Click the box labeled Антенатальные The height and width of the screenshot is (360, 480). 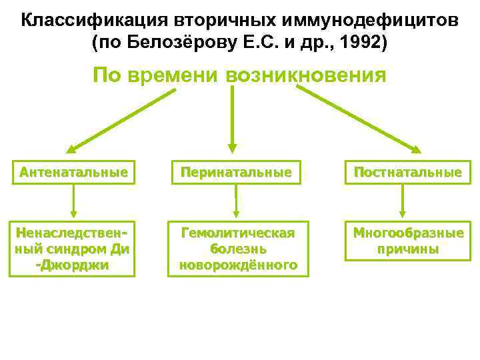[x=73, y=173]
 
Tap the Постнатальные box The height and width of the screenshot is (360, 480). [x=407, y=173]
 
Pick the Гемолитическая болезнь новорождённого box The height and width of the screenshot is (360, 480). [x=238, y=249]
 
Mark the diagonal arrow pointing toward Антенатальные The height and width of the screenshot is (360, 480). [x=120, y=120]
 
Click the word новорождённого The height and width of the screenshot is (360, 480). [x=238, y=265]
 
